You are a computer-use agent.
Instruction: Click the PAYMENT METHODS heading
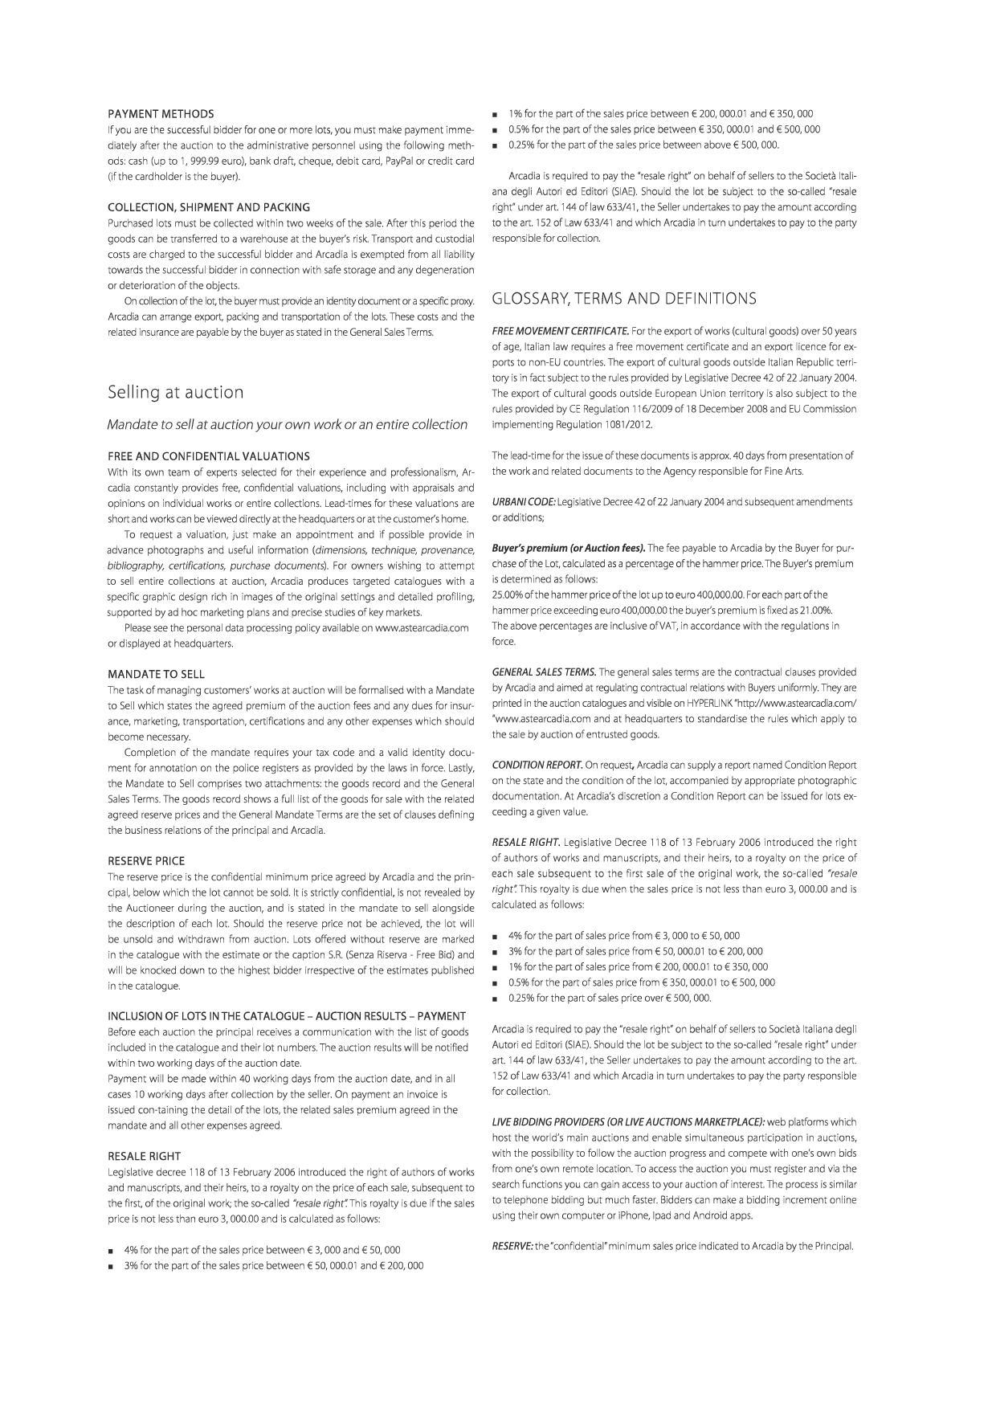161,114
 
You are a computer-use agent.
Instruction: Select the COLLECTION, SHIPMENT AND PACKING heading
209,207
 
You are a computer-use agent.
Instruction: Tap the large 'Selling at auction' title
176,392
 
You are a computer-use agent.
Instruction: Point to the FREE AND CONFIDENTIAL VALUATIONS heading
209,456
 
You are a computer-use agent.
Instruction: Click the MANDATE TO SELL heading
156,674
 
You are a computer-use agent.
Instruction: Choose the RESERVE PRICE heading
146,860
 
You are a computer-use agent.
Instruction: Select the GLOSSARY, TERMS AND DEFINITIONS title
623,299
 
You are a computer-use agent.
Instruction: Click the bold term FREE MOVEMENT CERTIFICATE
560,331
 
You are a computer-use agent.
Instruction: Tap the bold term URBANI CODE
523,502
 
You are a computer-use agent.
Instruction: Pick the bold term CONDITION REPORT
537,765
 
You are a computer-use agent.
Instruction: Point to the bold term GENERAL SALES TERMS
544,672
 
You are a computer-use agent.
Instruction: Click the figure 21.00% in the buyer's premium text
813,610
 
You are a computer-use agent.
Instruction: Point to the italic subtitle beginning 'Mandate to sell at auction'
288,424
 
